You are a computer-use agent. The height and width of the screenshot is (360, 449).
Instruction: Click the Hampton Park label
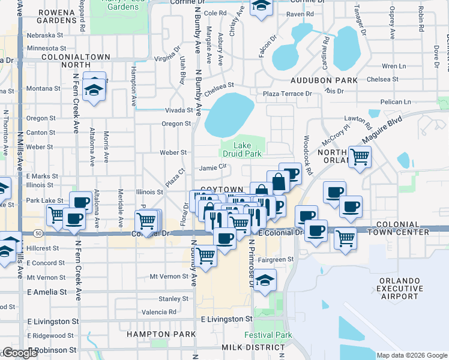click(161, 334)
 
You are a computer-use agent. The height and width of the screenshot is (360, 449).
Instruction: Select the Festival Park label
click(268, 335)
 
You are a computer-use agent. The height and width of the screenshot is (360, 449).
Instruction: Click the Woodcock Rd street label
click(308, 155)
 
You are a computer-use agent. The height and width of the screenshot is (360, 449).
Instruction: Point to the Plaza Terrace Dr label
click(289, 94)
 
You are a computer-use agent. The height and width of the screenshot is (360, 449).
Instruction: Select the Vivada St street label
click(178, 110)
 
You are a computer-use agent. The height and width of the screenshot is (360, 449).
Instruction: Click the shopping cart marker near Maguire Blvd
click(360, 157)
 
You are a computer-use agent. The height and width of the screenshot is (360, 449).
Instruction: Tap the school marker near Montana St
click(94, 90)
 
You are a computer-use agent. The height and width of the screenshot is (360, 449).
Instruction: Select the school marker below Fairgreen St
click(264, 280)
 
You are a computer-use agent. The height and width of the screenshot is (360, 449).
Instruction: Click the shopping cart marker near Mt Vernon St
click(206, 256)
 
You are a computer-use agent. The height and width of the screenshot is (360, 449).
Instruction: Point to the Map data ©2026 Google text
click(411, 355)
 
